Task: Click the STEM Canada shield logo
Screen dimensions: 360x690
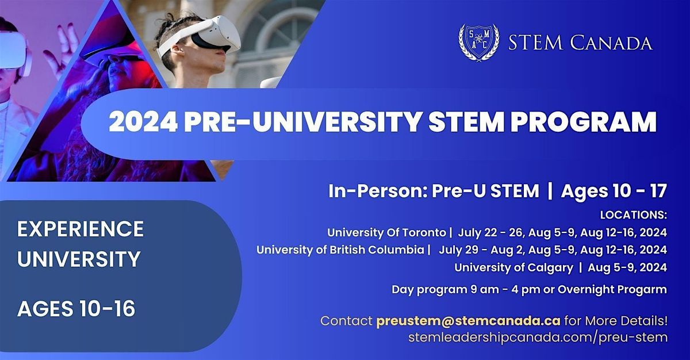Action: pos(478,43)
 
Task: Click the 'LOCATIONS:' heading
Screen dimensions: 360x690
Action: pos(633,215)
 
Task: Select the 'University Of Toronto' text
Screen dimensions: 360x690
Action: pos(386,233)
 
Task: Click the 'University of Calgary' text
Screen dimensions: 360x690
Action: pos(513,267)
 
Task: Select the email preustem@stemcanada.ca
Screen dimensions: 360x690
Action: pos(469,320)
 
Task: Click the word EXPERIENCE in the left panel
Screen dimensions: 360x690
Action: pos(80,229)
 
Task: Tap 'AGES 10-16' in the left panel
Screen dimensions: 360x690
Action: pos(76,309)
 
